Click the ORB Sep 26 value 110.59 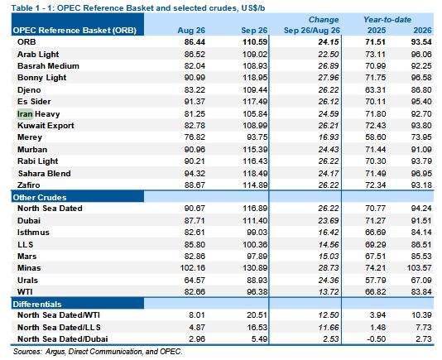pyautogui.click(x=255, y=42)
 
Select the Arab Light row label pyautogui.click(x=38, y=54)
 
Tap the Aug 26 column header pyautogui.click(x=191, y=31)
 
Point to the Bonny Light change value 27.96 pyautogui.click(x=329, y=78)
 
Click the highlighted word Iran pyautogui.click(x=25, y=114)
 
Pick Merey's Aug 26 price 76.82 pyautogui.click(x=195, y=137)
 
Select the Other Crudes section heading pyautogui.click(x=40, y=197)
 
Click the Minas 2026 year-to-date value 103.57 pyautogui.click(x=419, y=268)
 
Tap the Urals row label pyautogui.click(x=27, y=281)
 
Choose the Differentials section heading pyautogui.click(x=37, y=305)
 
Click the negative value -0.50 pyautogui.click(x=377, y=338)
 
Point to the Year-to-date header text pyautogui.click(x=387, y=20)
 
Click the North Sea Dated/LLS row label pyautogui.click(x=59, y=327)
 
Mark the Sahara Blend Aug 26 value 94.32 pyautogui.click(x=195, y=173)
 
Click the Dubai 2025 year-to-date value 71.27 pyautogui.click(x=375, y=220)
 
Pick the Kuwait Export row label pyautogui.click(x=46, y=126)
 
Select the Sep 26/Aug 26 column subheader pyautogui.click(x=312, y=31)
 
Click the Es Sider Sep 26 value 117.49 pyautogui.click(x=255, y=102)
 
